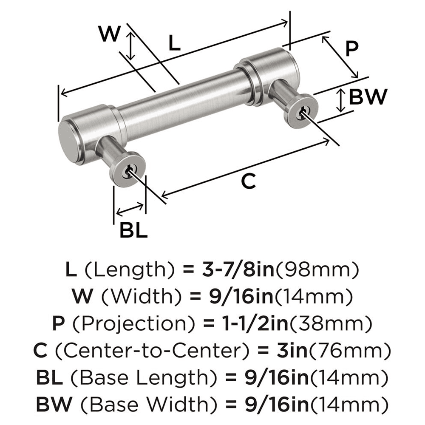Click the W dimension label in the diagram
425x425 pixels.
tap(109, 34)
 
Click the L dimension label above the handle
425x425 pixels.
tap(175, 43)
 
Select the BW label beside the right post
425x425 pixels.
tap(368, 97)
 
